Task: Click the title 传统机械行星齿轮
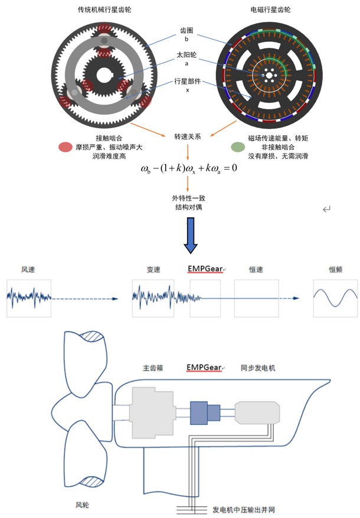104,9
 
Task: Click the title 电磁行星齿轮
270,9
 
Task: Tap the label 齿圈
186,31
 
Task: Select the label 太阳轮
186,55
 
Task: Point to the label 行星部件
188,82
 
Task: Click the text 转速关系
188,136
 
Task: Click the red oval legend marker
66,147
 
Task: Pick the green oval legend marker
238,147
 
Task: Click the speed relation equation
189,168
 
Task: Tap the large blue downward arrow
191,235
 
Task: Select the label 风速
28,269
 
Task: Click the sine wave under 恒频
335,298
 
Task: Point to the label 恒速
256,269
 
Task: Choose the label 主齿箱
153,368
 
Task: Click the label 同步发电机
258,368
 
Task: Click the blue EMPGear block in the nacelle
205,413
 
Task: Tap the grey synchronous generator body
257,412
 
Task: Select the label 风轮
82,505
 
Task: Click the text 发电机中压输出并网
244,510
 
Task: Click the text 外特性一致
188,198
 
